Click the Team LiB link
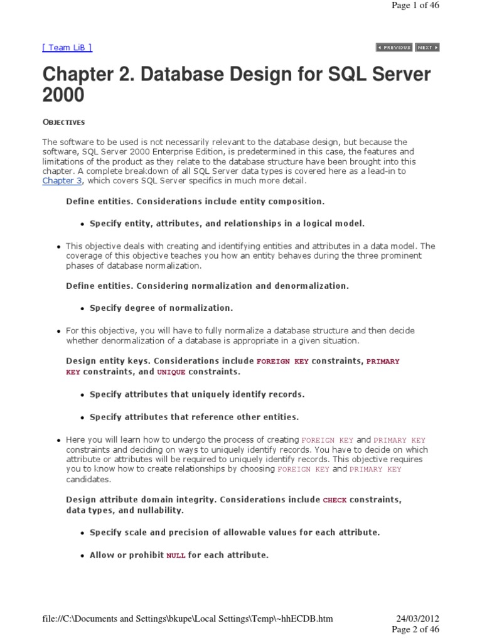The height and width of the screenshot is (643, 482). tap(67, 48)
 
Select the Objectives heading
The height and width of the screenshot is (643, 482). tap(63, 122)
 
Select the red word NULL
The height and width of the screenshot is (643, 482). tap(176, 556)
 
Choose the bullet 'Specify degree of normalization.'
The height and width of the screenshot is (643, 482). tap(161, 308)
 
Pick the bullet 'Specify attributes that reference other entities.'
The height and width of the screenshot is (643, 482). tap(195, 417)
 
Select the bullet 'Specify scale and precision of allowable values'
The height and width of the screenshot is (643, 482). tap(235, 532)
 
